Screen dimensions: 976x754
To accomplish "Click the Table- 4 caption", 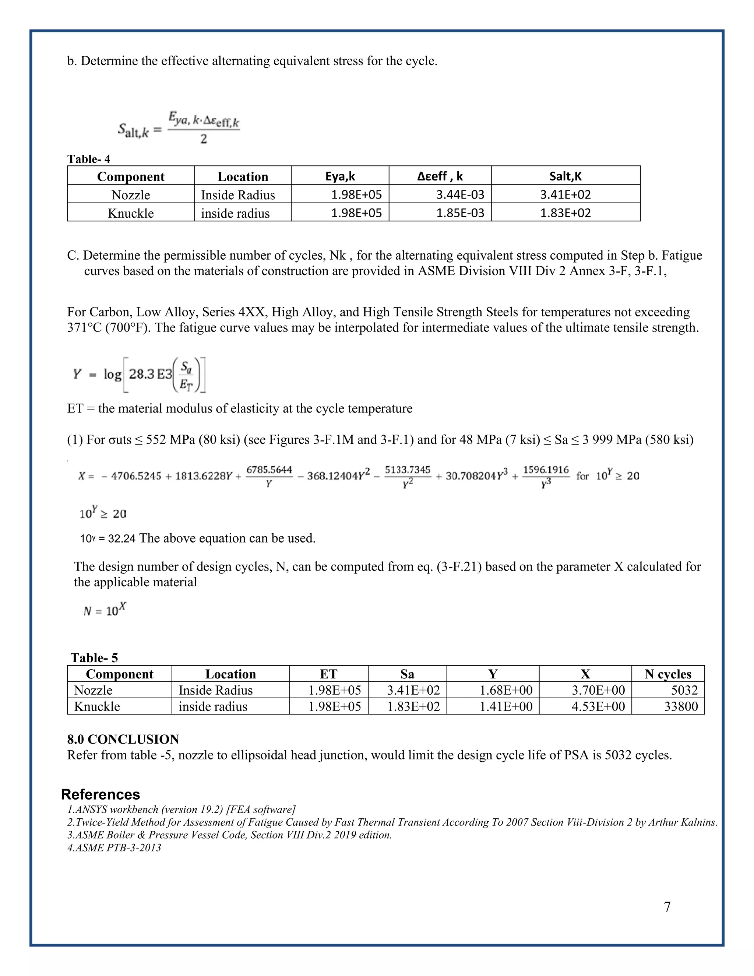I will point(88,159).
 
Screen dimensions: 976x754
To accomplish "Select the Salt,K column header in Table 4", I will point(565,176).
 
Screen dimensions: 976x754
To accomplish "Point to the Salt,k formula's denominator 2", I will point(204,139).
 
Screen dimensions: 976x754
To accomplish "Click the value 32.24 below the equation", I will point(121,538).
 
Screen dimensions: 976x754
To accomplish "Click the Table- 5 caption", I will point(94,658).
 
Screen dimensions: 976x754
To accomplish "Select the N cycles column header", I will point(667,674).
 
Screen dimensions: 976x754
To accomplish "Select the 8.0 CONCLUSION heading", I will point(123,739).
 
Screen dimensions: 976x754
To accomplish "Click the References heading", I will point(101,794).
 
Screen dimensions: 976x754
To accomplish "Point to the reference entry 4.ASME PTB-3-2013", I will point(114,847).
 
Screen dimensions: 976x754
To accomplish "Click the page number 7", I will point(667,907).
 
